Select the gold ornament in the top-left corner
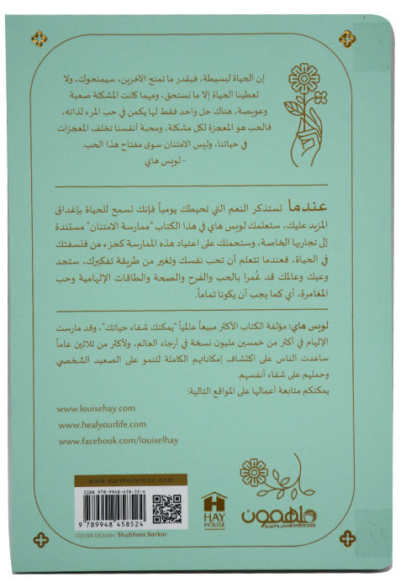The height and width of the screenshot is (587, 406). coord(39,38)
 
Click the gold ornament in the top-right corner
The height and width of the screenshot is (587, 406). coord(346,38)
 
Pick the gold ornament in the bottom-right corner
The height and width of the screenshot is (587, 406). coord(346,538)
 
